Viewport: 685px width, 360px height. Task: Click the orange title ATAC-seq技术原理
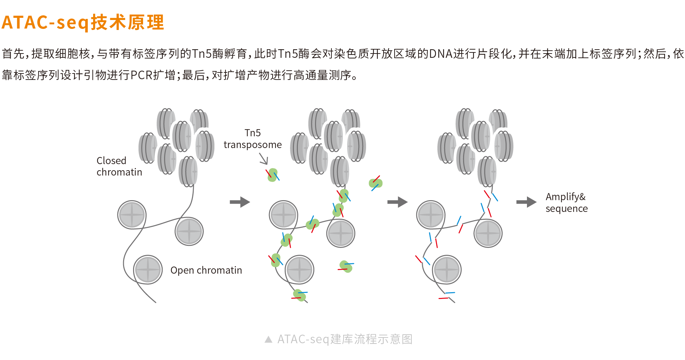click(x=83, y=22)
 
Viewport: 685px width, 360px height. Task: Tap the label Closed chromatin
click(x=119, y=166)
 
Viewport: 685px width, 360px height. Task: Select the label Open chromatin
click(x=206, y=270)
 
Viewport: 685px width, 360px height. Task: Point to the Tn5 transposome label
click(x=253, y=139)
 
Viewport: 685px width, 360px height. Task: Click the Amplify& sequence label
click(x=566, y=203)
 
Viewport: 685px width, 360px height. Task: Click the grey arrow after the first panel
click(x=240, y=202)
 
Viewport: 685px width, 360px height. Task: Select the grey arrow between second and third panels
click(x=397, y=202)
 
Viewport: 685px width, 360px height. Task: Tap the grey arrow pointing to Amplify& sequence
click(x=526, y=202)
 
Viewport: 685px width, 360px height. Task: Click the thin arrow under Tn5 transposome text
click(x=264, y=159)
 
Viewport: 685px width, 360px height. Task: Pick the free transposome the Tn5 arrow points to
click(x=273, y=175)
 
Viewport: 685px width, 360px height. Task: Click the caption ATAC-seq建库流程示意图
click(x=345, y=339)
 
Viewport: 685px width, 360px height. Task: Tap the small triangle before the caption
click(x=269, y=339)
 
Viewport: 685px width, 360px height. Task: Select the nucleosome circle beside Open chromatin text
click(x=148, y=270)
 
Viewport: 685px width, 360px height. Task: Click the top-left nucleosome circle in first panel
click(x=132, y=215)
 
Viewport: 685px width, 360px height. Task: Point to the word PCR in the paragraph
click(x=142, y=75)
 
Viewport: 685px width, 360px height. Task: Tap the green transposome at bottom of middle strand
click(x=299, y=295)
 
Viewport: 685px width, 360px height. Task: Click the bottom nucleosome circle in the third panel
click(x=447, y=270)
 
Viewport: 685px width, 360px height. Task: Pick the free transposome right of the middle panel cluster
click(x=375, y=183)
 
